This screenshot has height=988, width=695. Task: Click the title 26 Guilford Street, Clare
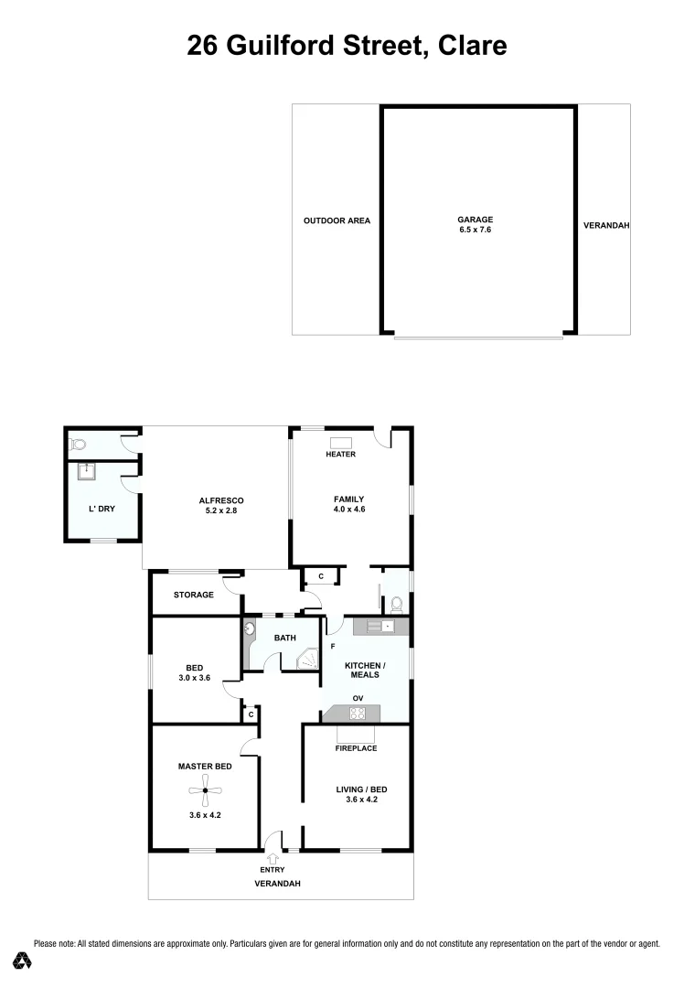[347, 45]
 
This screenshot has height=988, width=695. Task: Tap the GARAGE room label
[475, 220]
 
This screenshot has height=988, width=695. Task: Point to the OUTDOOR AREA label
[337, 220]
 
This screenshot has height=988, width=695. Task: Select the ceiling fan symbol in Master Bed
[206, 790]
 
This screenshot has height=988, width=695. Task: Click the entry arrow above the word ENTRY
[273, 857]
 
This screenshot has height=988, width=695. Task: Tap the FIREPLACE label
[356, 748]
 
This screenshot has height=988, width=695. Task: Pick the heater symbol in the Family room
[340, 443]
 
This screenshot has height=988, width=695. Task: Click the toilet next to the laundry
[78, 445]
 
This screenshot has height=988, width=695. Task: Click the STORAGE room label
[194, 595]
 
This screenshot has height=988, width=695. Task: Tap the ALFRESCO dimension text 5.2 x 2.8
[220, 512]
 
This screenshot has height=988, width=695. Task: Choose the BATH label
[284, 638]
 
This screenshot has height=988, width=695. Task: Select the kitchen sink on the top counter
[388, 626]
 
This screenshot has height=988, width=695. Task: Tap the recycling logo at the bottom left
[23, 961]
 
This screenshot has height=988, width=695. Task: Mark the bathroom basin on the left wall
[249, 629]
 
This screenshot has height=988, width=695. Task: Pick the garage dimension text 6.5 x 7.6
[475, 231]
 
